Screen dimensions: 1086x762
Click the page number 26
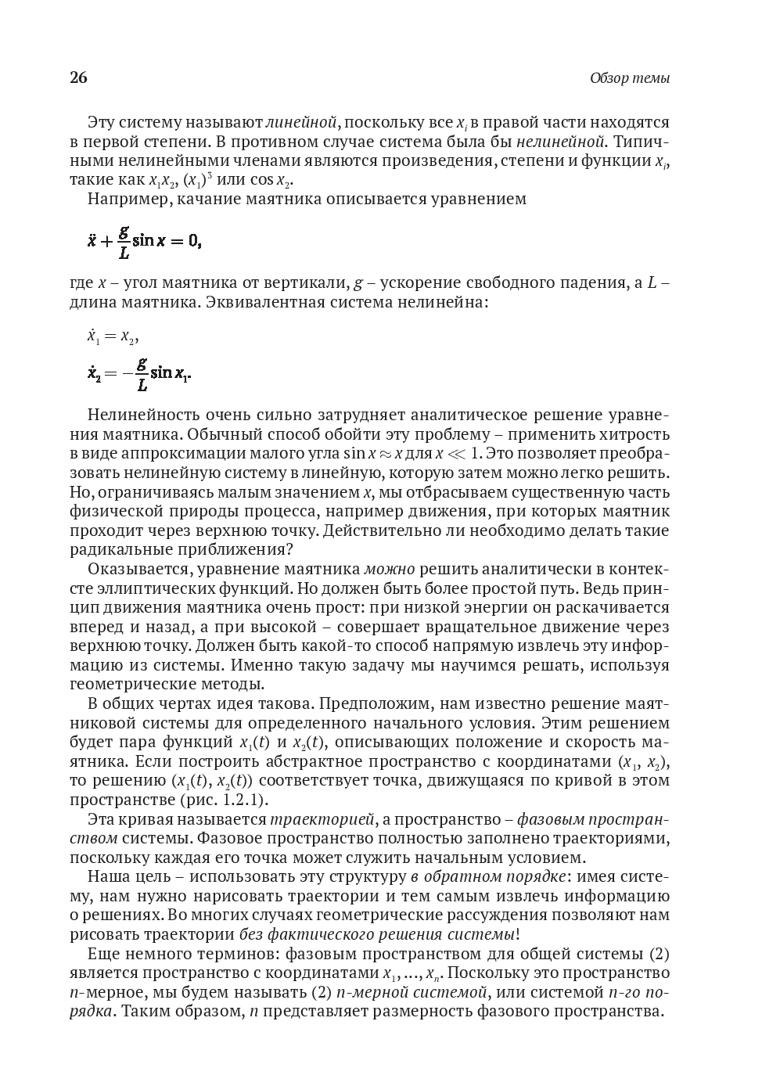pyautogui.click(x=78, y=77)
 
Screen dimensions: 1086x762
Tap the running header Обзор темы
pyautogui.click(x=629, y=78)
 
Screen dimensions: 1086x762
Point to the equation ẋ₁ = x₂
pyautogui.click(x=113, y=336)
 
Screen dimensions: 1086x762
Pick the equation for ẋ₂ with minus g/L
pyautogui.click(x=139, y=374)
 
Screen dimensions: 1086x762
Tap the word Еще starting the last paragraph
pyautogui.click(x=104, y=955)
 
